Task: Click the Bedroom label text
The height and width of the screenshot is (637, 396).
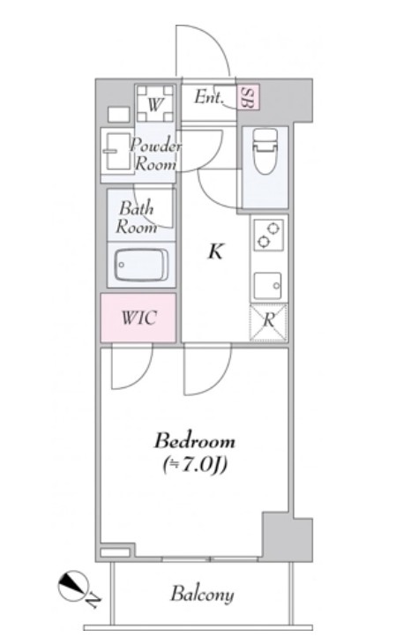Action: [x=195, y=441]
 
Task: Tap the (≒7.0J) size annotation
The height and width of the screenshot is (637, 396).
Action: [x=195, y=465]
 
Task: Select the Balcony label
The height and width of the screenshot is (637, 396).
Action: [x=202, y=595]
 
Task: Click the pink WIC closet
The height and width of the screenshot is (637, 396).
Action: [x=138, y=318]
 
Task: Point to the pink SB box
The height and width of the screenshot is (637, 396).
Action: [x=248, y=97]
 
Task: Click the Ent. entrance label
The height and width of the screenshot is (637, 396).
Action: [x=209, y=97]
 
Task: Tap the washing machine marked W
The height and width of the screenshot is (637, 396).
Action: [x=155, y=103]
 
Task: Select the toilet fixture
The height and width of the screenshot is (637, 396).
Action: [x=265, y=152]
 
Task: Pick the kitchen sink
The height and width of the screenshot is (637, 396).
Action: [x=268, y=286]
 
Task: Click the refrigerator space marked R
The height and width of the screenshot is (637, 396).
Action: [x=268, y=322]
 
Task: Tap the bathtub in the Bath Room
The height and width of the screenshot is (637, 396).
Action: [x=141, y=265]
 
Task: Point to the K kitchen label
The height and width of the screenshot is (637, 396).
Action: [x=215, y=251]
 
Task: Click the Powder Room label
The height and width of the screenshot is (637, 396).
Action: [x=155, y=154]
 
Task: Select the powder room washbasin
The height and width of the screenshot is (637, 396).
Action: [x=116, y=151]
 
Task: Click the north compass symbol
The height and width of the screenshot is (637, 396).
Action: [x=73, y=586]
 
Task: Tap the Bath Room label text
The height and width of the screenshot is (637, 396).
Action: [x=136, y=217]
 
